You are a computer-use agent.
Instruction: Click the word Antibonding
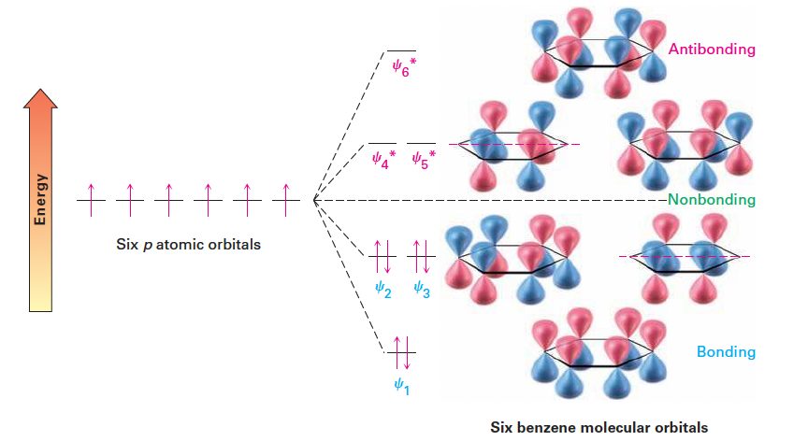pos(712,49)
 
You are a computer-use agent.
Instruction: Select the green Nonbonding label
pos(712,200)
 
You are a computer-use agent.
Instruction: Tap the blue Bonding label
pos(726,352)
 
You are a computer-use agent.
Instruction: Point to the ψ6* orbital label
pos(403,70)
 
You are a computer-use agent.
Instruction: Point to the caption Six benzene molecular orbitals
pos(599,427)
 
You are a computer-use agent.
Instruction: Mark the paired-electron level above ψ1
pos(401,351)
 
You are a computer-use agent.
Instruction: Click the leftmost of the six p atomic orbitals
pos(91,199)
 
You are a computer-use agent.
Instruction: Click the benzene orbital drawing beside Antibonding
pos(599,55)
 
